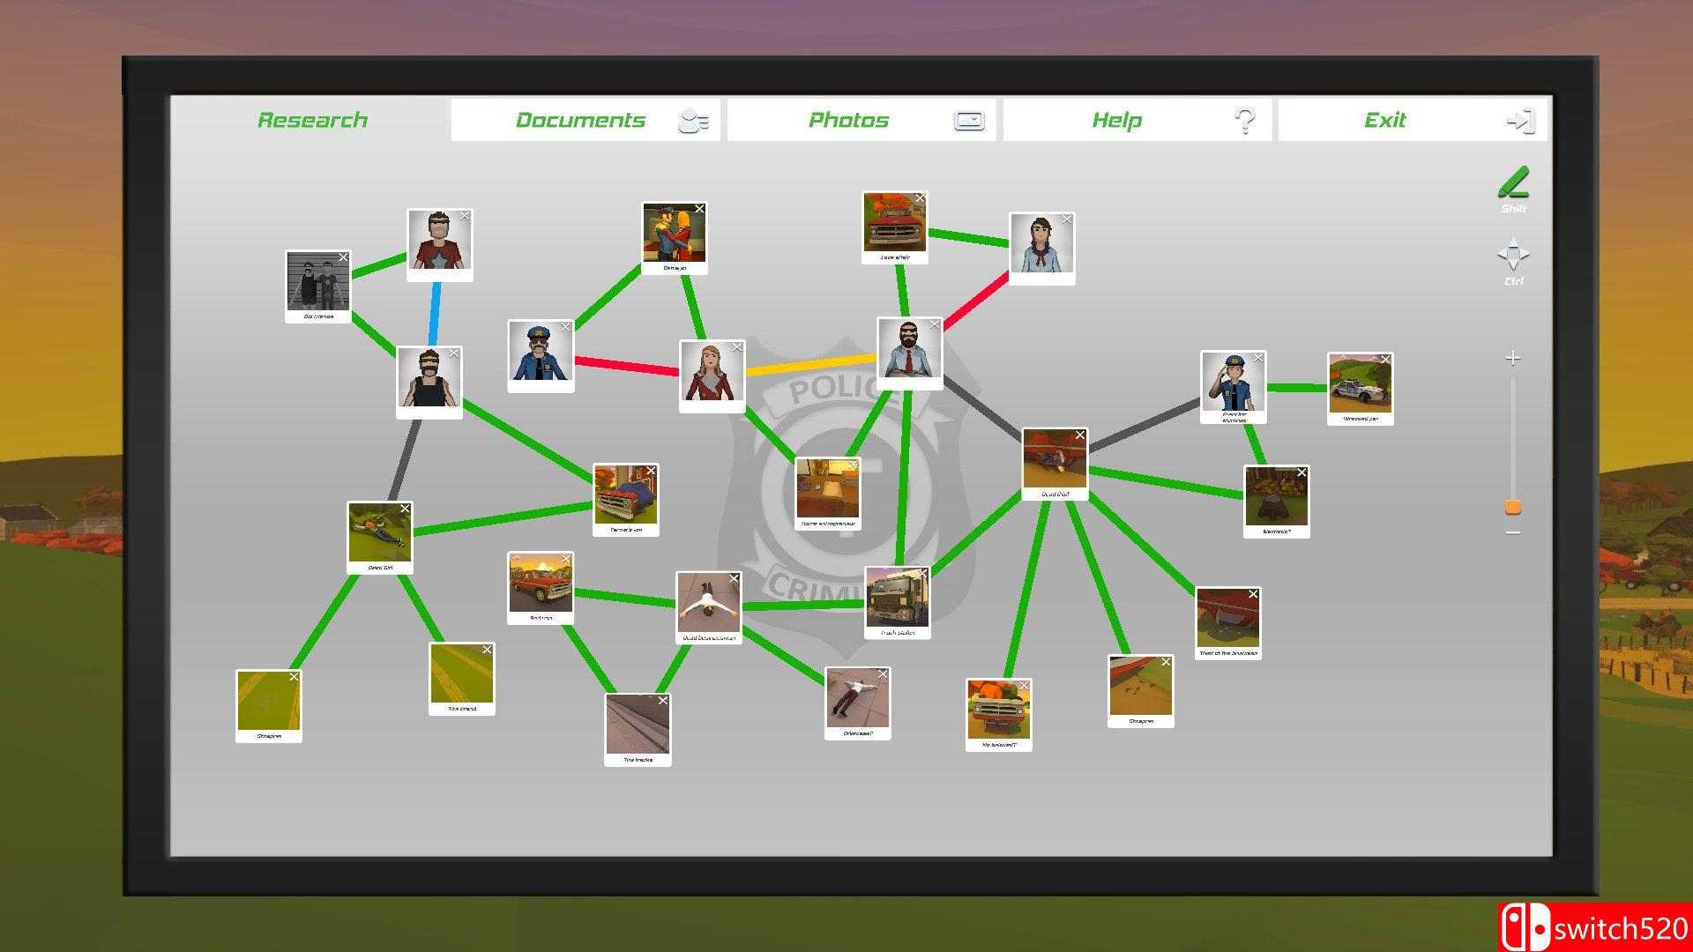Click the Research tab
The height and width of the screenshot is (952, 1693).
click(x=312, y=120)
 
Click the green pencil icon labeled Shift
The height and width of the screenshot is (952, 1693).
click(x=1513, y=183)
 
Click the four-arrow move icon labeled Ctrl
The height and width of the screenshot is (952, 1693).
click(x=1513, y=254)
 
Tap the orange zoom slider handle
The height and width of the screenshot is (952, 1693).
click(x=1513, y=507)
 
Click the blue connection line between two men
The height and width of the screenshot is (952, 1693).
click(x=435, y=314)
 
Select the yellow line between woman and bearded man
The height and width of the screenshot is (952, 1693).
click(x=811, y=365)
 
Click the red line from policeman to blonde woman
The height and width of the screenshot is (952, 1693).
click(x=626, y=365)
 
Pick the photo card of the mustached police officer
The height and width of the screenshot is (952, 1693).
click(x=541, y=353)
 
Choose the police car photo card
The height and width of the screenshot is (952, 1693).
click(x=1360, y=385)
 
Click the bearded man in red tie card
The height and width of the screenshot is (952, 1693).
click(x=909, y=350)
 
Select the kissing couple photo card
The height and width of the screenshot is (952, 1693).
click(x=675, y=235)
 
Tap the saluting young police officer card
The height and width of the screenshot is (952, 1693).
click(x=1233, y=383)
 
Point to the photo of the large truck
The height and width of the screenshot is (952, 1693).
click(x=897, y=599)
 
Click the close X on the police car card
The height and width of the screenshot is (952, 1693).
click(x=1385, y=360)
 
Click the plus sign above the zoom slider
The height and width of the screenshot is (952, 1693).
click(x=1513, y=358)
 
